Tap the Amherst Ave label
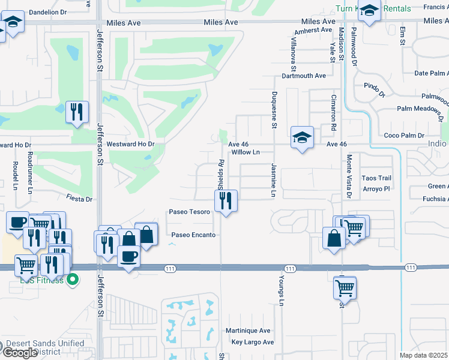tap(313, 29)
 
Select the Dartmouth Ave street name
tap(304, 76)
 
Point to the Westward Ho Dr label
tap(130, 145)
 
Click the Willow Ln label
tap(245, 152)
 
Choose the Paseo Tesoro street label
tap(189, 212)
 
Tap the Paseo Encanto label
tap(193, 235)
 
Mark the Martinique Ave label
tap(248, 331)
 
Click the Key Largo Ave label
tap(252, 342)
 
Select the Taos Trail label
tap(376, 178)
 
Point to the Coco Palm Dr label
tap(404, 136)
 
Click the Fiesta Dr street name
tap(79, 199)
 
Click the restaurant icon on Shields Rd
tap(226, 201)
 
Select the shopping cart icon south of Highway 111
tap(345, 289)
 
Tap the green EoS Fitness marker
tap(73, 279)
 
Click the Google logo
tap(20, 353)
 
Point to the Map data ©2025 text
tap(424, 355)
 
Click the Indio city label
tap(436, 144)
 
